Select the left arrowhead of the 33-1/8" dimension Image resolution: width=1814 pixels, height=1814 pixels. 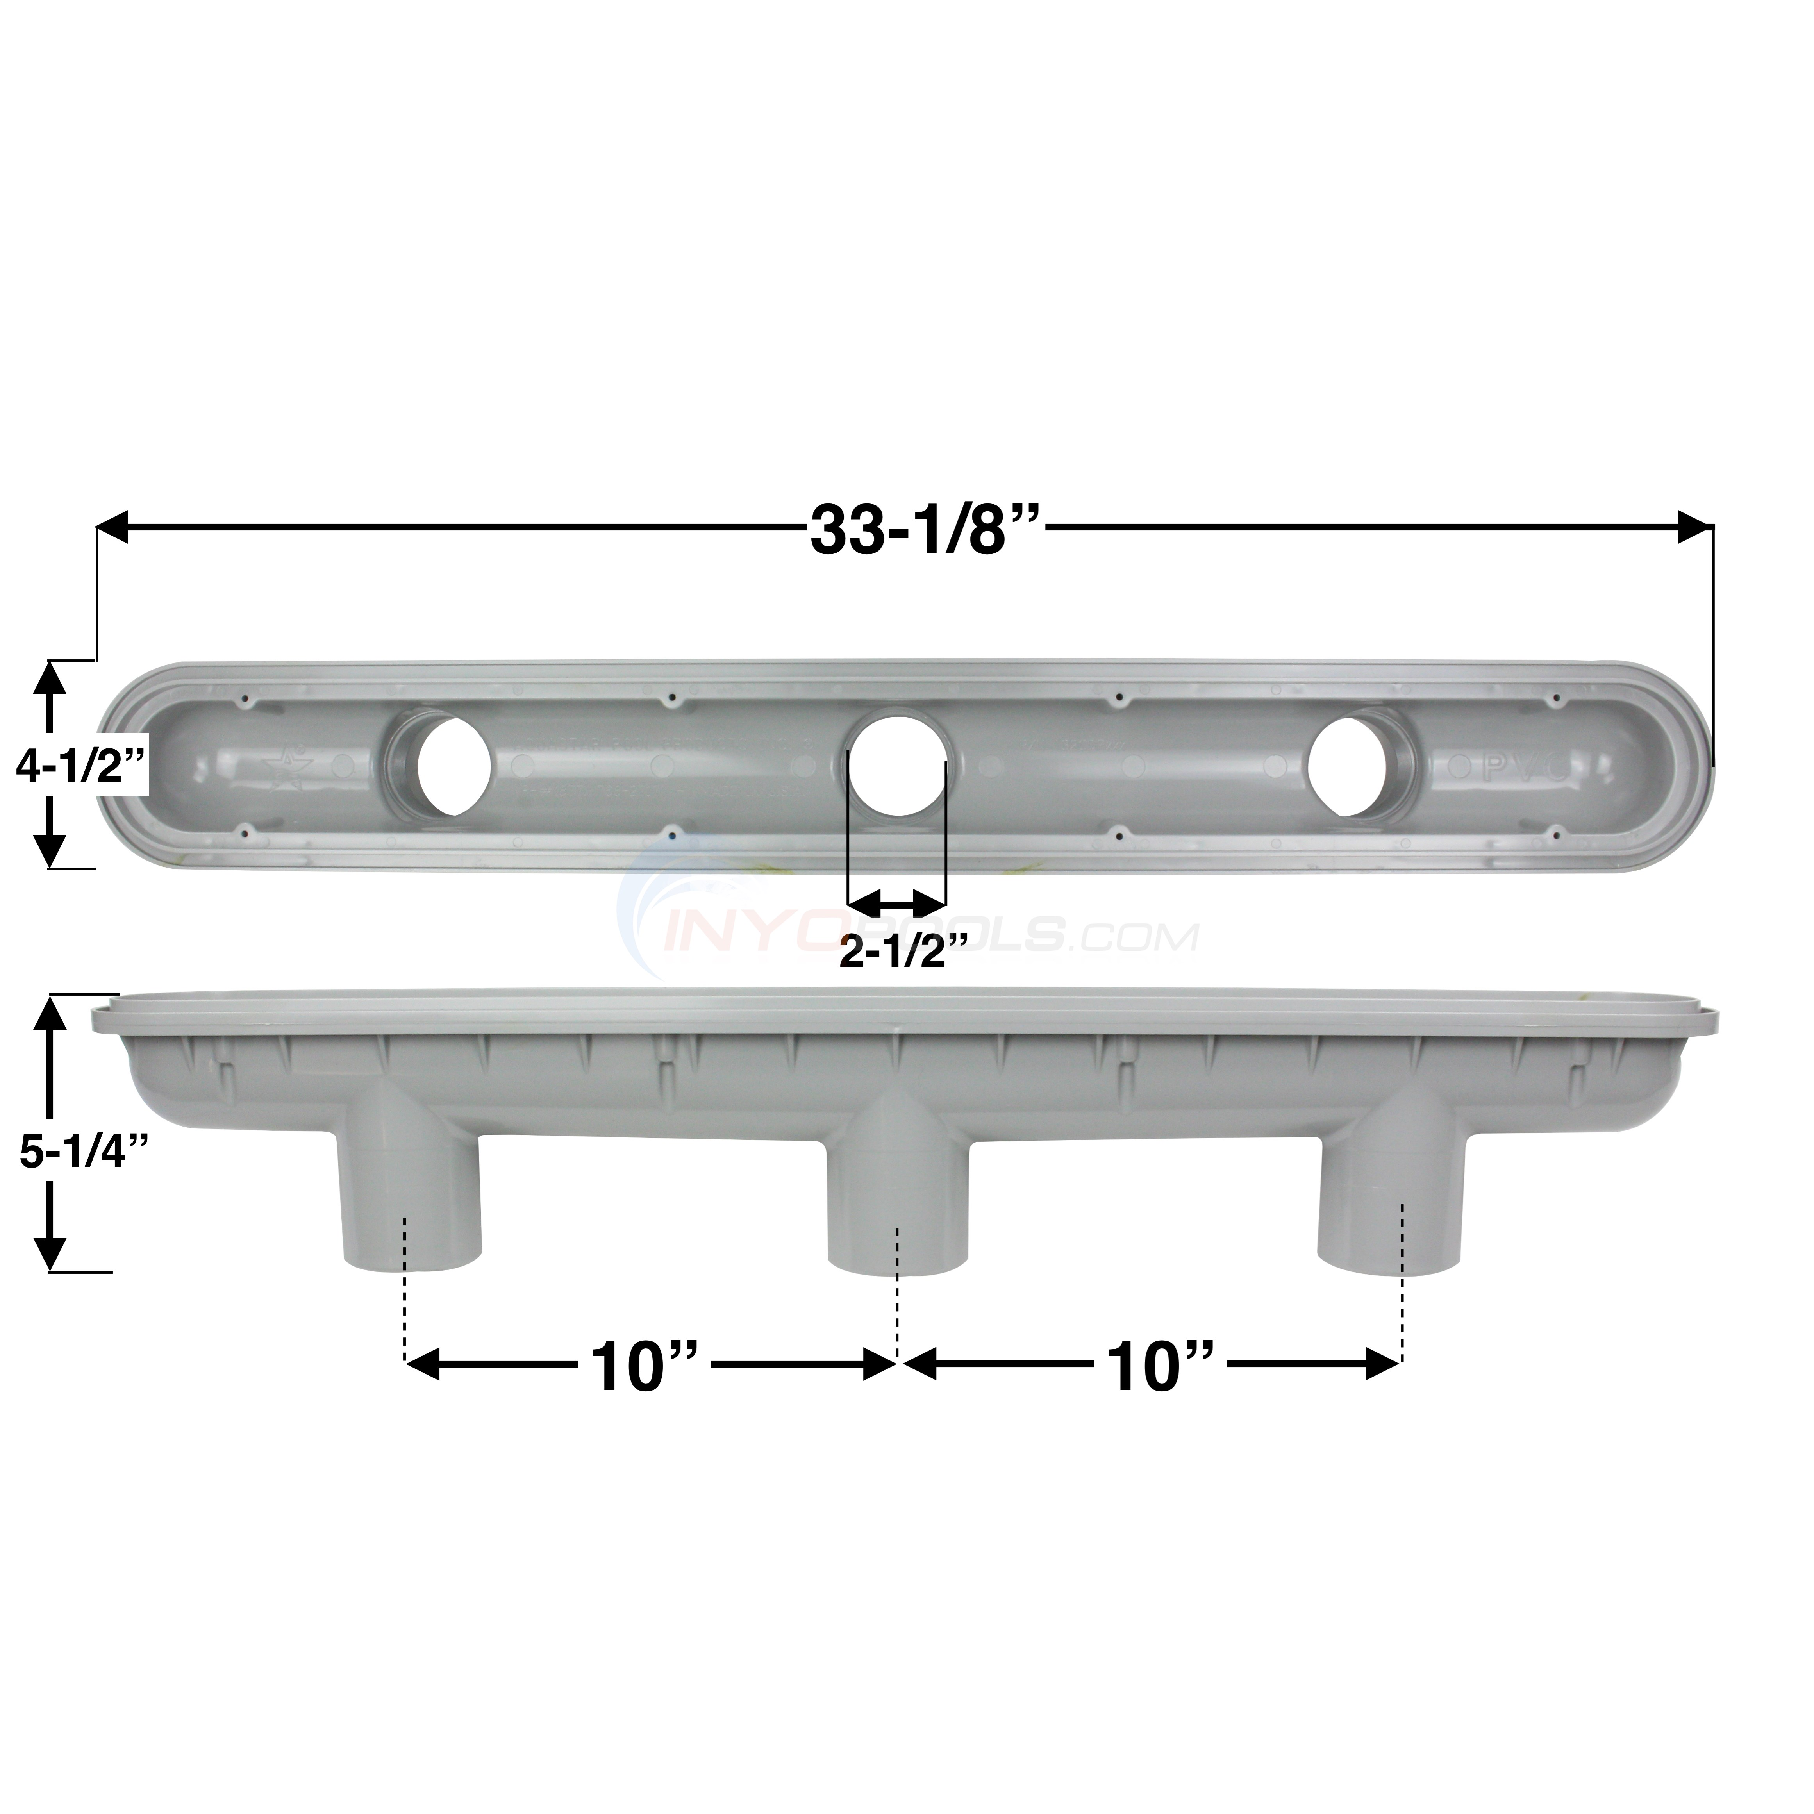tap(112, 527)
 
